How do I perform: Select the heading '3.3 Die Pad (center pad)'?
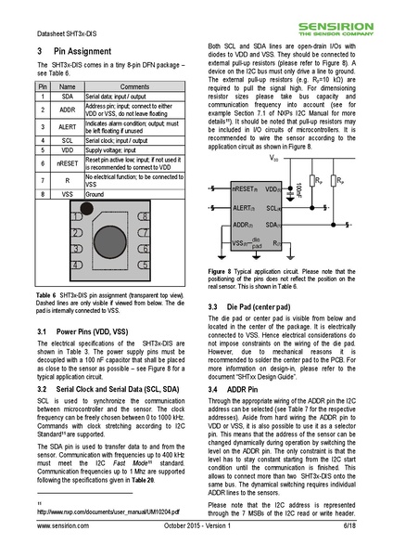(255, 306)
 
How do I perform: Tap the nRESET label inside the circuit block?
(245, 188)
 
